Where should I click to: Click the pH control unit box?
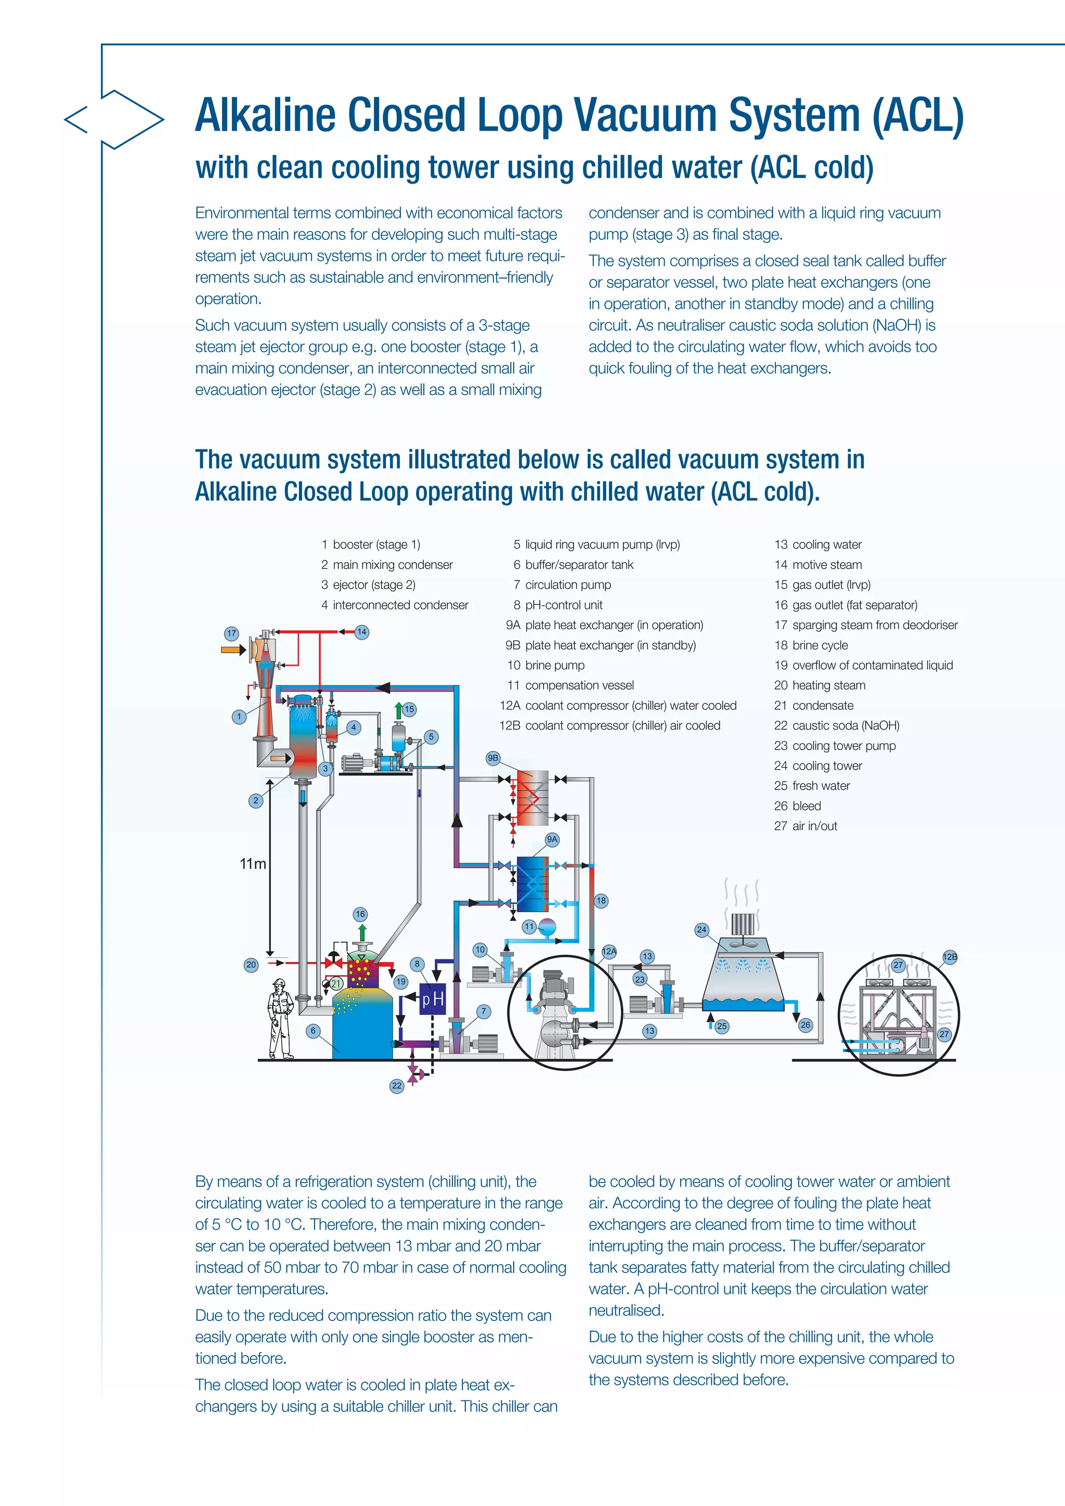click(x=432, y=999)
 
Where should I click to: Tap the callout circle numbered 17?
click(x=231, y=633)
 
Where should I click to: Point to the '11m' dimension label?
click(x=253, y=864)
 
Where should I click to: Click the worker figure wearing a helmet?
click(x=281, y=1018)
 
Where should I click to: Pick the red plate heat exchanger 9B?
click(x=532, y=797)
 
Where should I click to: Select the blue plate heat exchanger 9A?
click(x=532, y=884)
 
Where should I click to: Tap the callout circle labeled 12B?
click(x=950, y=957)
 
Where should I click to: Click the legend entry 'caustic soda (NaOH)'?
click(x=845, y=725)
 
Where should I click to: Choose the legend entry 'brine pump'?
click(x=554, y=665)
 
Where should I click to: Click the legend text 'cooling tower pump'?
click(x=843, y=746)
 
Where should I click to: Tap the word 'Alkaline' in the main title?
click(x=265, y=115)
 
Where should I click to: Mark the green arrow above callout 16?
click(x=362, y=933)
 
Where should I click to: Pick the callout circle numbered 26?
click(x=806, y=1024)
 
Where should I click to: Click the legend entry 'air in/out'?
click(x=814, y=826)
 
